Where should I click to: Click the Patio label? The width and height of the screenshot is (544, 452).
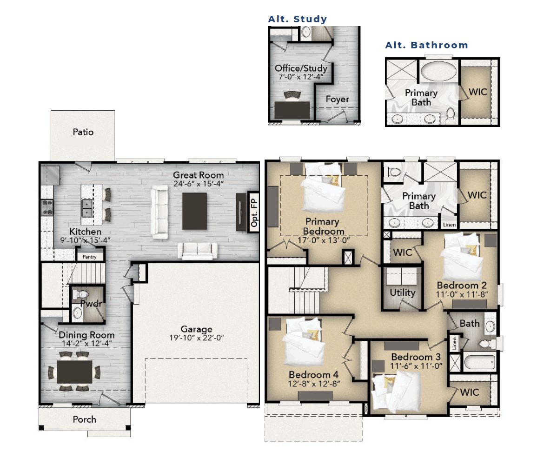pyautogui.click(x=83, y=132)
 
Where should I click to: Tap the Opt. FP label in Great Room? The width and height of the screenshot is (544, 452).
pyautogui.click(x=254, y=213)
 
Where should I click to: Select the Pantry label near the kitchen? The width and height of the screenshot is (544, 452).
pyautogui.click(x=90, y=257)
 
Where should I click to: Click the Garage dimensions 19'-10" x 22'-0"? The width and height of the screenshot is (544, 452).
pyautogui.click(x=197, y=338)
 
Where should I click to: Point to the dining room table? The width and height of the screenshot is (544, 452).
pyautogui.click(x=75, y=372)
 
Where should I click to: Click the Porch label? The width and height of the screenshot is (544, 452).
pyautogui.click(x=84, y=419)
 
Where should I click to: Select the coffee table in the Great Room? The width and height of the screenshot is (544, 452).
pyautogui.click(x=194, y=211)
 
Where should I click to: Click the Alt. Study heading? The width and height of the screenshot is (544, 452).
pyautogui.click(x=297, y=19)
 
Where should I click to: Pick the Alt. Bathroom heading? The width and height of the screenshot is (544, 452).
pyautogui.click(x=426, y=45)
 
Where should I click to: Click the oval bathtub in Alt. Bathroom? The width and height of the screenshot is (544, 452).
pyautogui.click(x=438, y=72)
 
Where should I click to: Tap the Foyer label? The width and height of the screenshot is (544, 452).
pyautogui.click(x=337, y=99)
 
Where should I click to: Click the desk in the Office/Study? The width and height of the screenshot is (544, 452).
pyautogui.click(x=292, y=110)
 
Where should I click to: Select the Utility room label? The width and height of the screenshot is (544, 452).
pyautogui.click(x=403, y=293)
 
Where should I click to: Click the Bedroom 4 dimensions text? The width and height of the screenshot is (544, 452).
pyautogui.click(x=314, y=384)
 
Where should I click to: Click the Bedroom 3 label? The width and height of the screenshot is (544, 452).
pyautogui.click(x=416, y=357)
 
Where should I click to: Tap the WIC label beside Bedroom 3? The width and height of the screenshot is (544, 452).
pyautogui.click(x=470, y=392)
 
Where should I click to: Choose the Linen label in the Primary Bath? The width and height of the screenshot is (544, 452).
pyautogui.click(x=449, y=225)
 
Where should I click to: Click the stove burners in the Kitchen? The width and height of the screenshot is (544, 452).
pyautogui.click(x=47, y=207)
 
